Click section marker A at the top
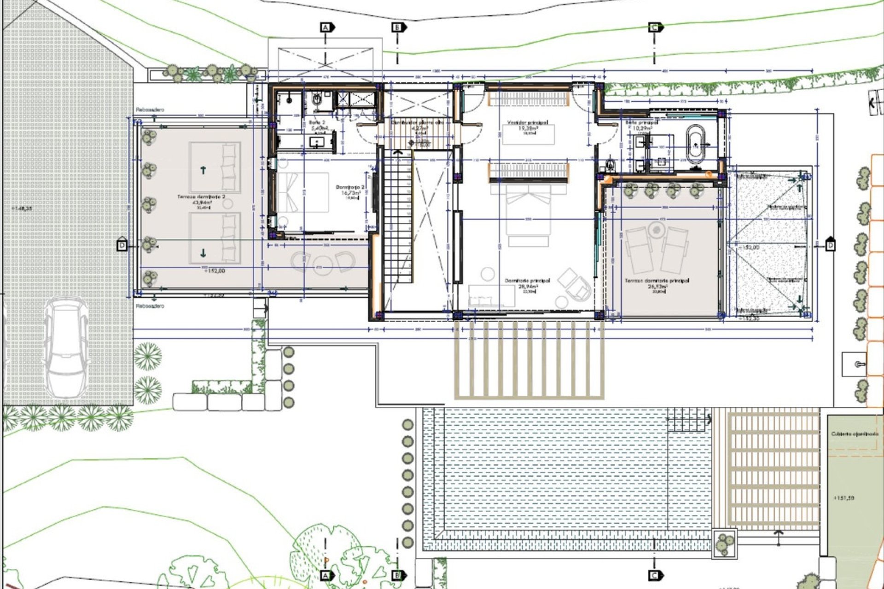(x=326, y=28)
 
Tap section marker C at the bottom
(x=654, y=575)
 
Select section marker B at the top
(x=397, y=28)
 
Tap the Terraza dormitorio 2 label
(x=201, y=197)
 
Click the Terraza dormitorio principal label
(x=657, y=281)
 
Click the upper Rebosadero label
(x=150, y=110)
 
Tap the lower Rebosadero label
(x=150, y=306)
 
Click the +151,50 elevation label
(x=843, y=498)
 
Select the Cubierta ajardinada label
(x=855, y=434)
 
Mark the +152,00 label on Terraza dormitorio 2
(x=214, y=271)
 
